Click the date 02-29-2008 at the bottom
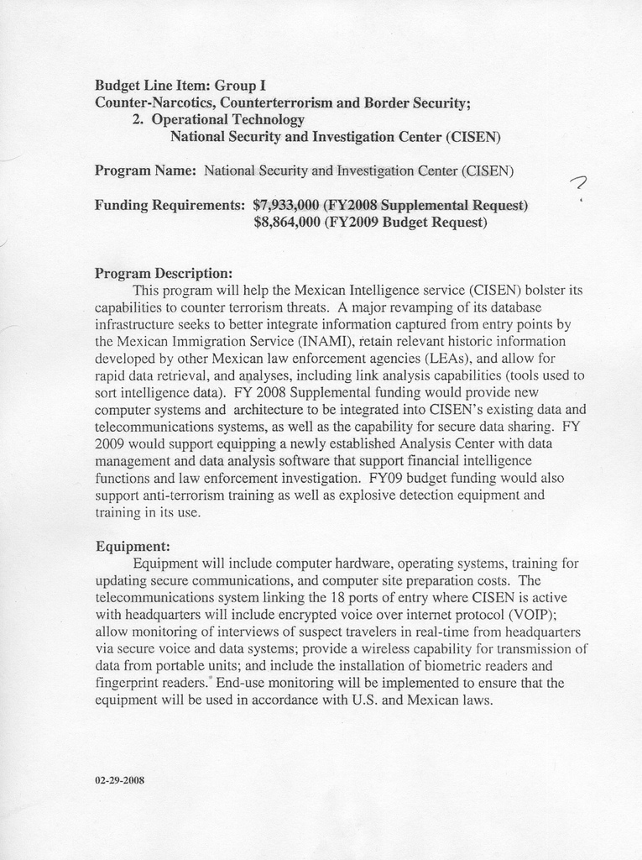[120, 780]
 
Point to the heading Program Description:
[163, 273]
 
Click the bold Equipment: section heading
[133, 546]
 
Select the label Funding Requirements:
[170, 205]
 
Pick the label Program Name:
[145, 170]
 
